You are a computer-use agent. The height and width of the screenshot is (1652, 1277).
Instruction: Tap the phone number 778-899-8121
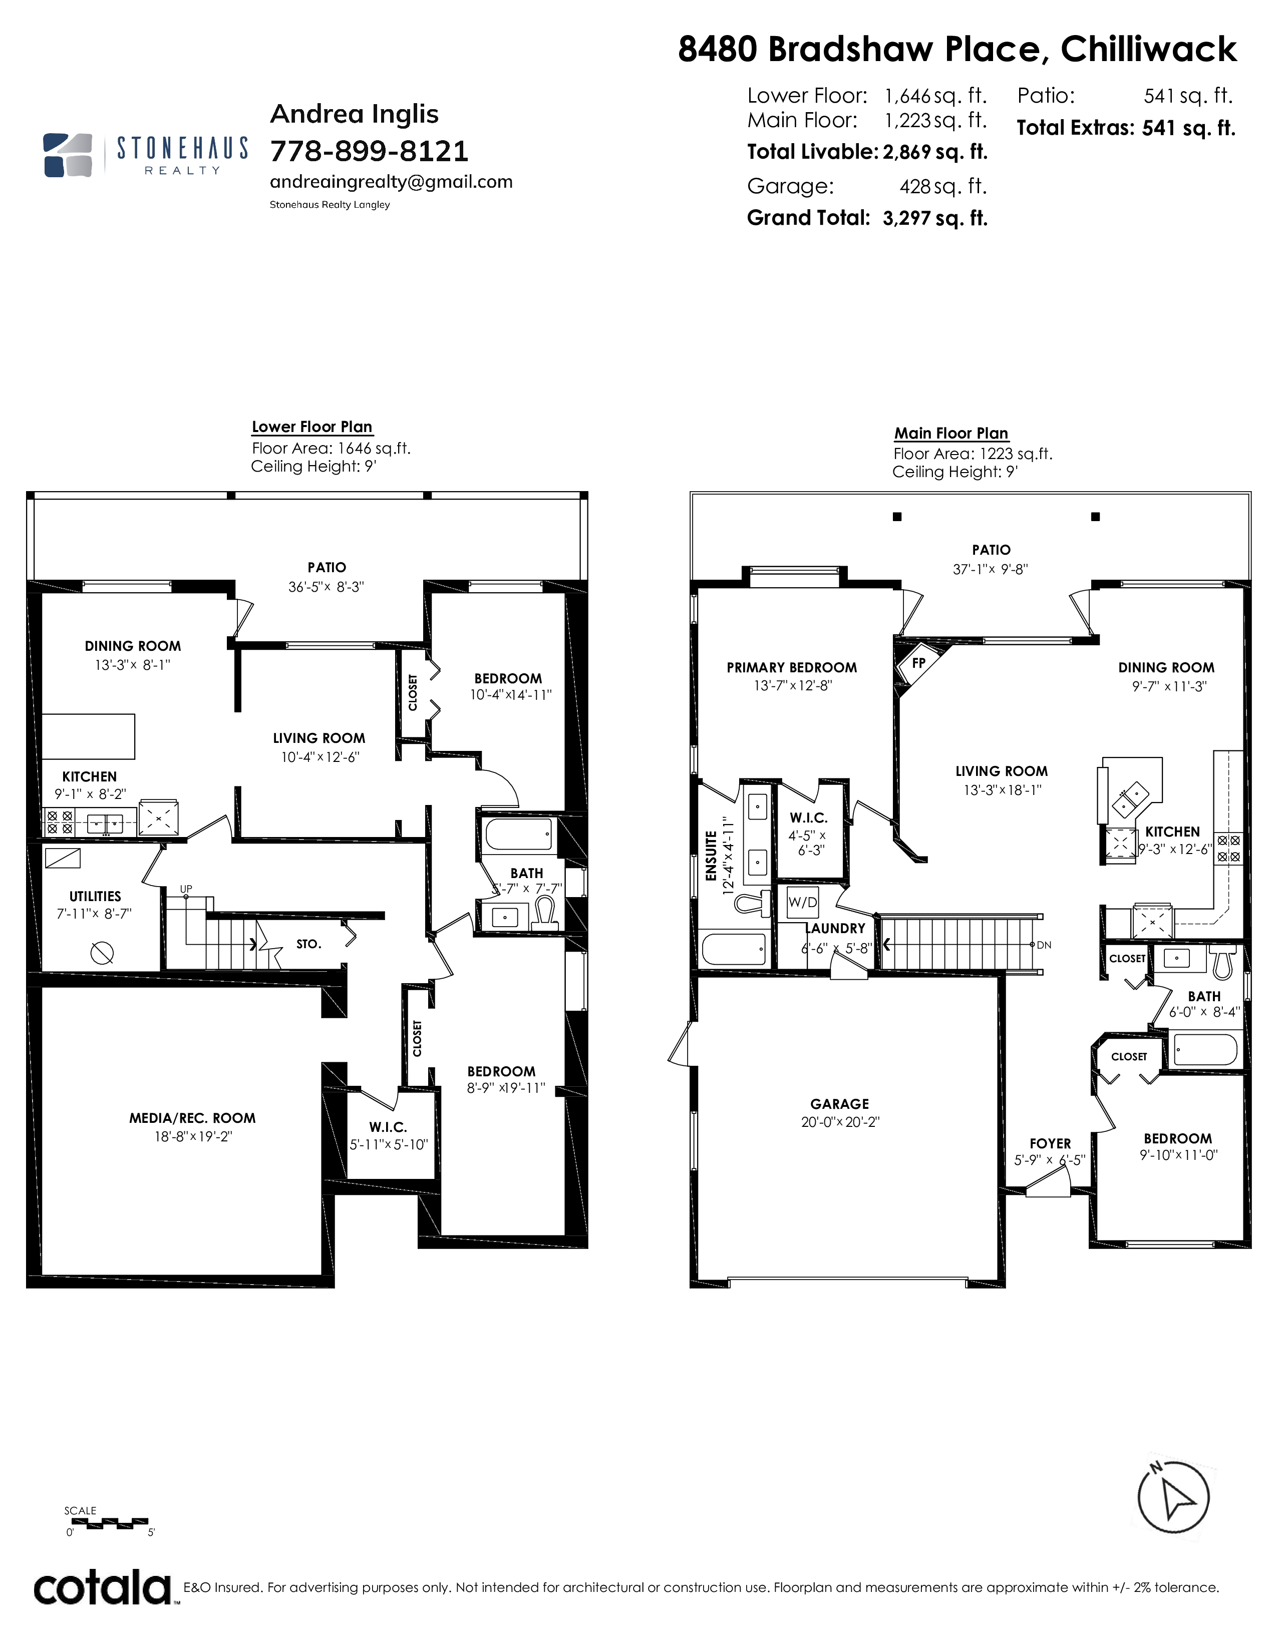pyautogui.click(x=369, y=151)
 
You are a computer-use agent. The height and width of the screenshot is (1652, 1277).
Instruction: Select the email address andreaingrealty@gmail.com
pyautogui.click(x=391, y=182)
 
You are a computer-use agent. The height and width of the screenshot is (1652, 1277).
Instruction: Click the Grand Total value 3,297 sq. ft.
pyautogui.click(x=935, y=219)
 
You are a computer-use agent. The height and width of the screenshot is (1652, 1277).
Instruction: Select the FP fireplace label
pyautogui.click(x=918, y=663)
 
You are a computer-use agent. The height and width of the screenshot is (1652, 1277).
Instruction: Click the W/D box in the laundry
pyautogui.click(x=803, y=902)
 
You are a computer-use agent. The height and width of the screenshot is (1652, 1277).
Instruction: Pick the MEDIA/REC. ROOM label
pyautogui.click(x=192, y=1118)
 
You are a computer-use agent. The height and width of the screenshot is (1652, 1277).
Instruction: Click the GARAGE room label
pyautogui.click(x=840, y=1104)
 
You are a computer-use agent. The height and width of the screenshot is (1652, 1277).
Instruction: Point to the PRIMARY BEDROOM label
pyautogui.click(x=792, y=667)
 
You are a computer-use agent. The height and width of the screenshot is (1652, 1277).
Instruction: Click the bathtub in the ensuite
pyautogui.click(x=735, y=949)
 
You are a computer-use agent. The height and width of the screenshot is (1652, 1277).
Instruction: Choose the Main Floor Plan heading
pyautogui.click(x=951, y=434)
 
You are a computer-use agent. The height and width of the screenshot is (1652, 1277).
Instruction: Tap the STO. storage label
pyautogui.click(x=308, y=944)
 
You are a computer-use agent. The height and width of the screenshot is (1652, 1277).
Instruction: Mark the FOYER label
pyautogui.click(x=1050, y=1144)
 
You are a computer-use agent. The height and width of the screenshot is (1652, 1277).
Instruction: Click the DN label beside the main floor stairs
pyautogui.click(x=1044, y=945)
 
